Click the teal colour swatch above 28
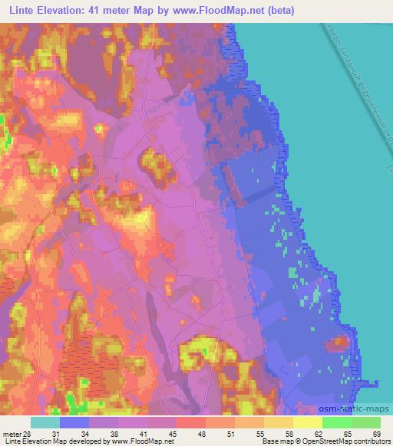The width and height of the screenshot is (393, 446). pyautogui.click(x=45, y=422)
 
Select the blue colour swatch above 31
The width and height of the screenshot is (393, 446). pyautogui.click(x=74, y=422)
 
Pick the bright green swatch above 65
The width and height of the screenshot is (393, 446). pyautogui.click(x=337, y=422)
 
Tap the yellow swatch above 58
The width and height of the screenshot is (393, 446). pyautogui.click(x=279, y=422)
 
